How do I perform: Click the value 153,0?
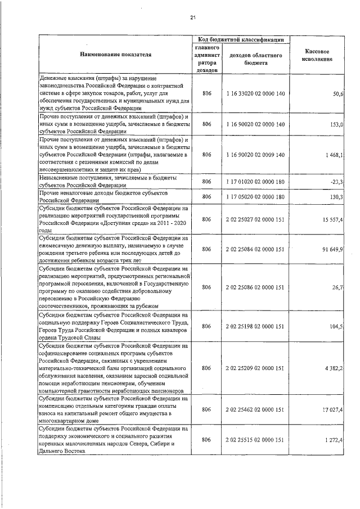337,124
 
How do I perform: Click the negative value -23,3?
337,181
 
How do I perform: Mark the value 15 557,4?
332,219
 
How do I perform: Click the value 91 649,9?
332,249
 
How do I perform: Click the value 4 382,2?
334,367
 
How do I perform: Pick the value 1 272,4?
334,439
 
